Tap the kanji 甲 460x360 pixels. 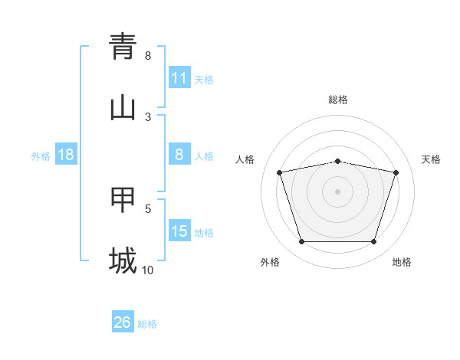coord(123,201)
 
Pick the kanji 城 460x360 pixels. coord(123,260)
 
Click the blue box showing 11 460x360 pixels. coord(179,78)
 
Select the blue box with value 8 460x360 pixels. coord(179,155)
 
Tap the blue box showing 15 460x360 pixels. coord(179,231)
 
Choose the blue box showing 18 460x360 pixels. coord(66,155)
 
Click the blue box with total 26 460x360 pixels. coord(123,322)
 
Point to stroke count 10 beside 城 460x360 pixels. coord(147,270)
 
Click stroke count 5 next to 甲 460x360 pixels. coord(148,208)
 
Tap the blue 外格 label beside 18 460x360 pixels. coord(41,155)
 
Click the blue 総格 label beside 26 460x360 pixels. coord(147,324)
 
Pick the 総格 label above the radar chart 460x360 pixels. coord(338,100)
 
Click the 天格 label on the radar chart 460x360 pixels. coord(432,159)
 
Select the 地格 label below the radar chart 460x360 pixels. coord(402,262)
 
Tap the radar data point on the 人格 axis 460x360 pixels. coord(280,172)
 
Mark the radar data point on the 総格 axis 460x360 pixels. coord(338,161)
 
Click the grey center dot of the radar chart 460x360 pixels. coord(338,191)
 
